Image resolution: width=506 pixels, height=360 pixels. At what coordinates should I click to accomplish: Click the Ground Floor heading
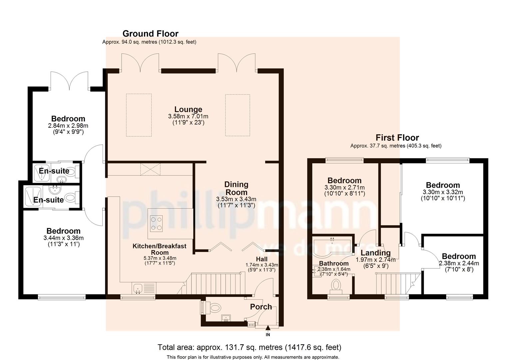tap(150, 34)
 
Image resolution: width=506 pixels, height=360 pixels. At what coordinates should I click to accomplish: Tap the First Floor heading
tap(397, 138)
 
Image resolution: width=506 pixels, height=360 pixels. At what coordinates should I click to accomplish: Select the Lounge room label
tap(188, 109)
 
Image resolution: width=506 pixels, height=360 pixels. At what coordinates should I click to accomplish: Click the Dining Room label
tap(236, 188)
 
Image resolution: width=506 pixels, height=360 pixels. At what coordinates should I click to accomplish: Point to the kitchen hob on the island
tap(156, 223)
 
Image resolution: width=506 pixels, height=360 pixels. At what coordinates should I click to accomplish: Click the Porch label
tap(261, 307)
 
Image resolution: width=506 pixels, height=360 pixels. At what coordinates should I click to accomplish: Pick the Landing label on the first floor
tap(375, 253)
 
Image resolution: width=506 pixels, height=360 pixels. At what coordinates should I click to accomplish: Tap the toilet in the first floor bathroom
tap(336, 286)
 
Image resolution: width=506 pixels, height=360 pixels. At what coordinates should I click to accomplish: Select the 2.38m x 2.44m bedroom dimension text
tap(459, 263)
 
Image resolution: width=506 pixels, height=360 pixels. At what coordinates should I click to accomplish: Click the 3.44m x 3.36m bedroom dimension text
tap(63, 238)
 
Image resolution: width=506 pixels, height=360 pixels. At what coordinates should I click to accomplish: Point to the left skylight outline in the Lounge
tap(139, 115)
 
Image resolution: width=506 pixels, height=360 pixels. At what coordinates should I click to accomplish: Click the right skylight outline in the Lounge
tap(238, 115)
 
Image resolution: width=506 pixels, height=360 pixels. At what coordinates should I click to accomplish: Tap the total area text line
tap(249, 347)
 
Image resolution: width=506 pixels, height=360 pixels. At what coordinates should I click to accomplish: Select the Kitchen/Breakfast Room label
tap(159, 249)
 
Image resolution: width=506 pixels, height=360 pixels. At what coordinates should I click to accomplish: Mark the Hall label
tap(261, 259)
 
